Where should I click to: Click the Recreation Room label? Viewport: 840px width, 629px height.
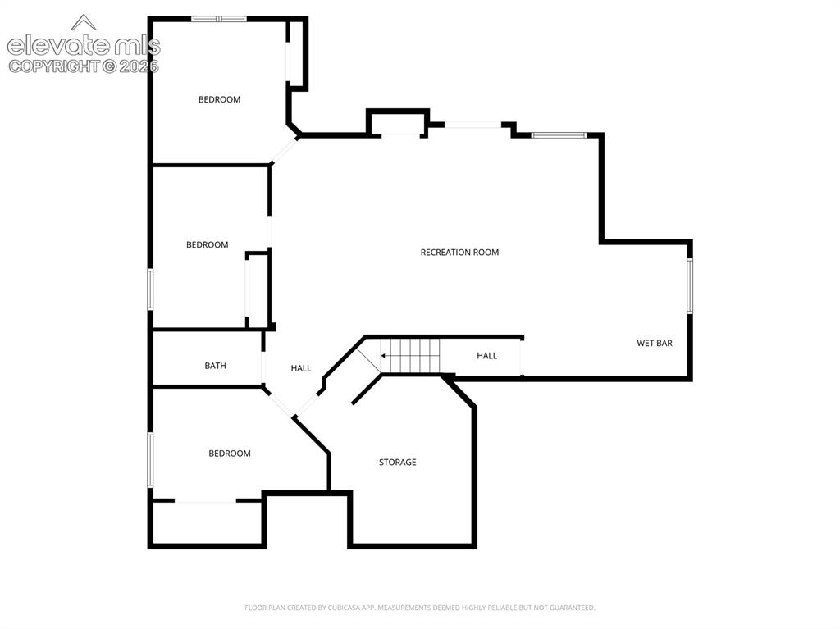coord(459,253)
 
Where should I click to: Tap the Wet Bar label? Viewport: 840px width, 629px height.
coord(654,343)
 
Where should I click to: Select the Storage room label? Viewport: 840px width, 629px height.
coord(398,462)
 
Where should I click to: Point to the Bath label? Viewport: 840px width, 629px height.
coord(216,366)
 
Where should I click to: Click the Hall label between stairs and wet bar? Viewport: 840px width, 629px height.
coord(487,356)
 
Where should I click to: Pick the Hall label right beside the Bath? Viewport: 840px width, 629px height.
coord(301,368)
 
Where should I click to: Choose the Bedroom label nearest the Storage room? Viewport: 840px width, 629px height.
coord(230,454)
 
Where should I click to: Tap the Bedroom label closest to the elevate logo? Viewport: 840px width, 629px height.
coord(219,99)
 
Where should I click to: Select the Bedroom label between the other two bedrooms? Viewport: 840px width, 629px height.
coord(208,245)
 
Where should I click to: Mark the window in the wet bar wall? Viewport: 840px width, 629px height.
coord(690,285)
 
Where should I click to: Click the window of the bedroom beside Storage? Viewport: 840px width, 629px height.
coord(151,460)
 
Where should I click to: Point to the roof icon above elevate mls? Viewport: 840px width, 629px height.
coord(84,22)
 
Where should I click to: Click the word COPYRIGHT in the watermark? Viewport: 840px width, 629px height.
coord(54,66)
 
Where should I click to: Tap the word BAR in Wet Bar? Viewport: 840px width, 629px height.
coord(664,343)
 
